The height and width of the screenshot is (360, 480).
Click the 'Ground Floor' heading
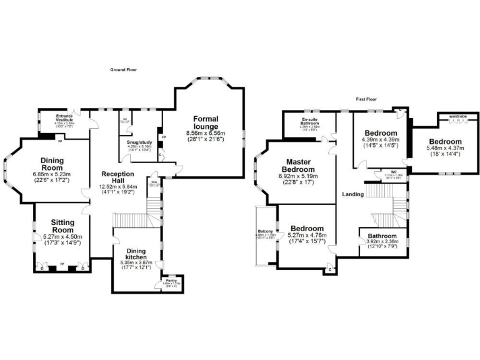[x=123, y=70]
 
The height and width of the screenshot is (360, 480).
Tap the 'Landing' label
[x=353, y=194]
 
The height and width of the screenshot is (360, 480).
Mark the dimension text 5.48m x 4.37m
[x=444, y=148]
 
